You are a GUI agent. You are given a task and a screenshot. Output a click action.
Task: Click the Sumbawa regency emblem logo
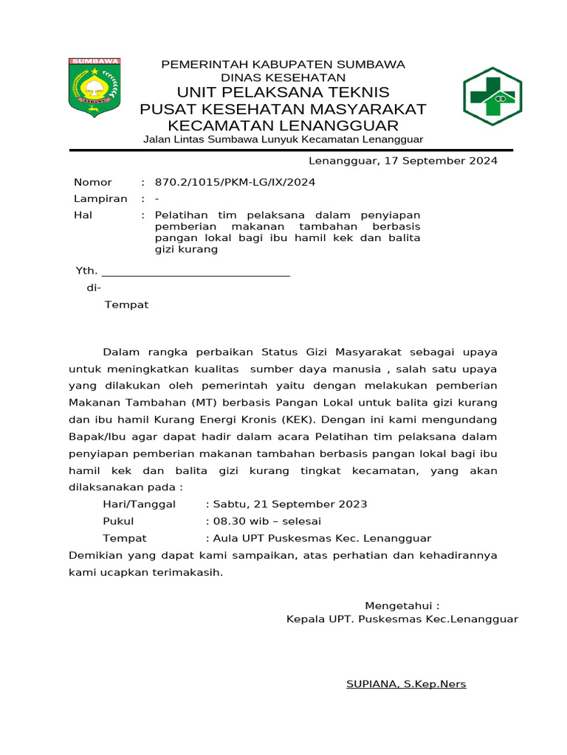click(94, 86)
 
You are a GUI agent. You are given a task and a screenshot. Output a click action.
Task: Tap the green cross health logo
click(492, 96)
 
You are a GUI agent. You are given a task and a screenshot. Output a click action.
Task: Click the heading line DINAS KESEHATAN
click(283, 77)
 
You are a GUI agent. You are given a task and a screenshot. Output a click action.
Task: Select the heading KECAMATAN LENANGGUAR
click(283, 125)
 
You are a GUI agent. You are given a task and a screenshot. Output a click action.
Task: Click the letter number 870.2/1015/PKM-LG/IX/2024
click(235, 182)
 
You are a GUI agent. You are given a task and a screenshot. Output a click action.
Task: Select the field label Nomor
click(93, 182)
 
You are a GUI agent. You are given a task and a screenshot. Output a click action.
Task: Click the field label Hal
click(82, 215)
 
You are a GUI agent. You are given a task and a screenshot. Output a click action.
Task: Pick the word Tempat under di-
click(126, 305)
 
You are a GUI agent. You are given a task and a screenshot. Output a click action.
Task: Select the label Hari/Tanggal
click(139, 504)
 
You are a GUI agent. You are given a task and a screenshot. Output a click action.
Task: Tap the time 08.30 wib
click(241, 521)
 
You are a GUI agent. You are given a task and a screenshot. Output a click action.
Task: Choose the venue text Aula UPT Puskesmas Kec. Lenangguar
click(322, 538)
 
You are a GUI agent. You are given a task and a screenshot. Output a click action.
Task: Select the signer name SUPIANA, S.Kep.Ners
click(406, 684)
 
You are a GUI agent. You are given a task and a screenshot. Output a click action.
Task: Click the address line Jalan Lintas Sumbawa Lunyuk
click(283, 139)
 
